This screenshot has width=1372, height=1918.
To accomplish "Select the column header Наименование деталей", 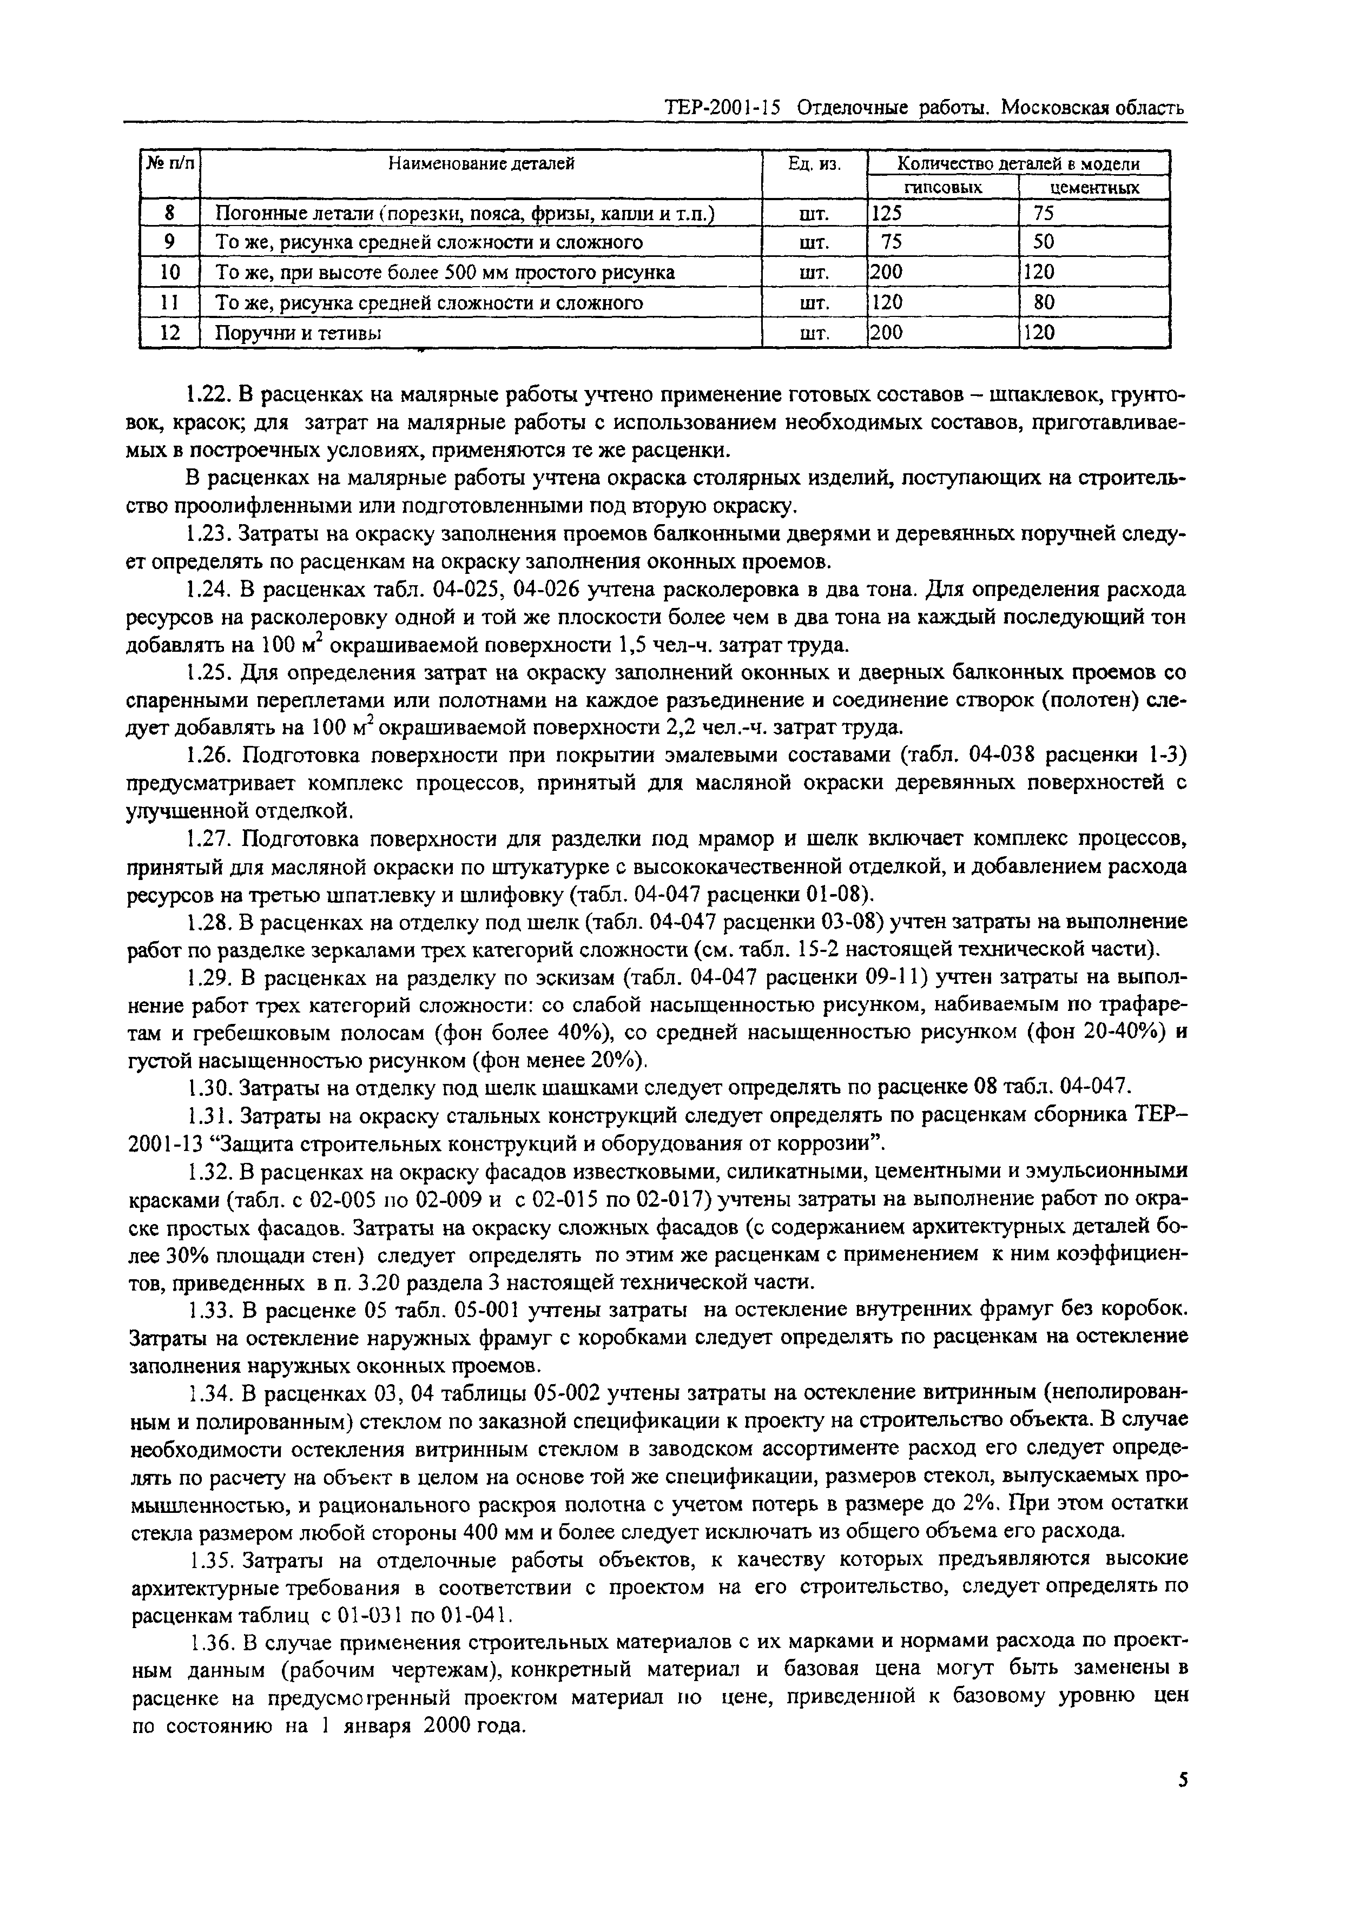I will click(x=481, y=164).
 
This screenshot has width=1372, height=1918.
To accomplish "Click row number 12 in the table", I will click(x=170, y=333).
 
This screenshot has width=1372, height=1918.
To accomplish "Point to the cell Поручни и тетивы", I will click(x=298, y=333).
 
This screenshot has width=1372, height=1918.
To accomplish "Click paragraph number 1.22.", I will click(x=206, y=394).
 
